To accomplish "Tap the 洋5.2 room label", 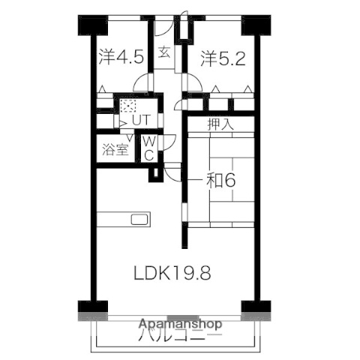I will click(223, 57).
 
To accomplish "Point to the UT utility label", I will click(141, 118).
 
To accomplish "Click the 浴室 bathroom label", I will click(115, 147).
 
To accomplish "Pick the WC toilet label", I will click(148, 148).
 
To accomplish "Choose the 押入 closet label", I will click(221, 124).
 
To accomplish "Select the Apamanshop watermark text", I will click(180, 325).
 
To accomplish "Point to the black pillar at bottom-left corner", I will click(88, 307).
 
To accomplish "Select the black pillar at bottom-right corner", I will click(256, 307).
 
